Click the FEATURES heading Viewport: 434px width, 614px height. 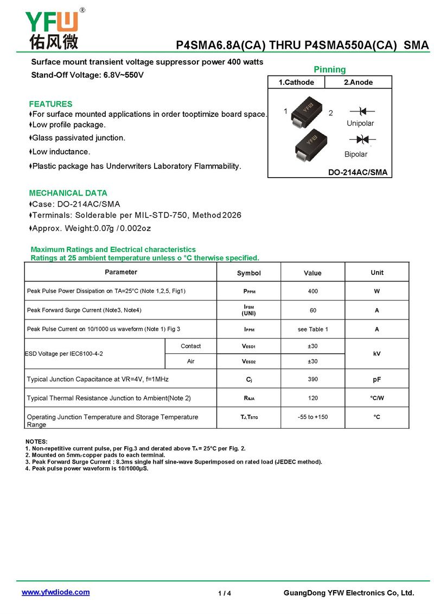click(x=50, y=104)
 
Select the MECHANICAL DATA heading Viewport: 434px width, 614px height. click(x=68, y=193)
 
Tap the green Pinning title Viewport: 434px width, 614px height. click(x=329, y=70)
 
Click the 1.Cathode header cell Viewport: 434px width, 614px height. click(x=296, y=82)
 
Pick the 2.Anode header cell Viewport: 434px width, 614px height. click(x=359, y=82)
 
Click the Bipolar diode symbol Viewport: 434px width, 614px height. click(x=363, y=140)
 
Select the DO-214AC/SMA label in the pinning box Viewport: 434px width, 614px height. click(x=358, y=173)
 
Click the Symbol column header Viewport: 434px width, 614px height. click(x=249, y=273)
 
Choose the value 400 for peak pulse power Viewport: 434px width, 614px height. click(x=312, y=291)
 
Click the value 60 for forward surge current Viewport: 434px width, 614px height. click(x=312, y=310)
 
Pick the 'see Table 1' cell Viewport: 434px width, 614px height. click(x=312, y=329)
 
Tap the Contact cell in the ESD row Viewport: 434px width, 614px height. click(x=190, y=346)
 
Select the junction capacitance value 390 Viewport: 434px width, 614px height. click(x=312, y=379)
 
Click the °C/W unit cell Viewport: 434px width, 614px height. click(x=377, y=398)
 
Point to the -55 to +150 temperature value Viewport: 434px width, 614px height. click(x=312, y=417)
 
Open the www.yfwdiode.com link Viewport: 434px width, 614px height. click(x=55, y=592)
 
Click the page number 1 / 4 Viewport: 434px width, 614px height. click(x=225, y=593)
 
